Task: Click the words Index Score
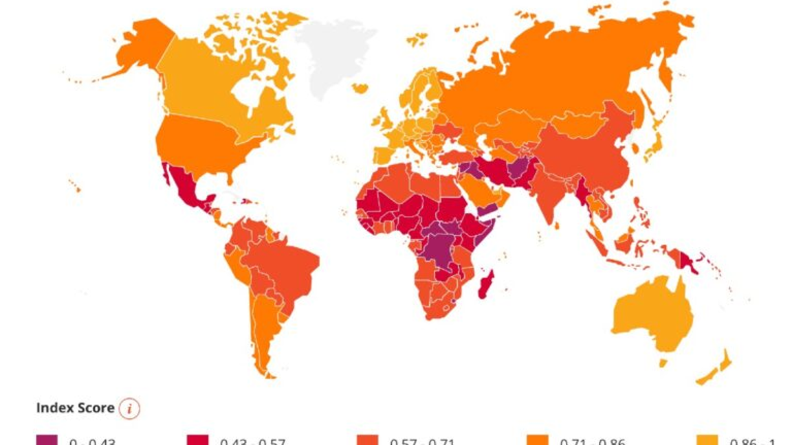75,408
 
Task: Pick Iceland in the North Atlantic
360,88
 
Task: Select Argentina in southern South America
265,330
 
